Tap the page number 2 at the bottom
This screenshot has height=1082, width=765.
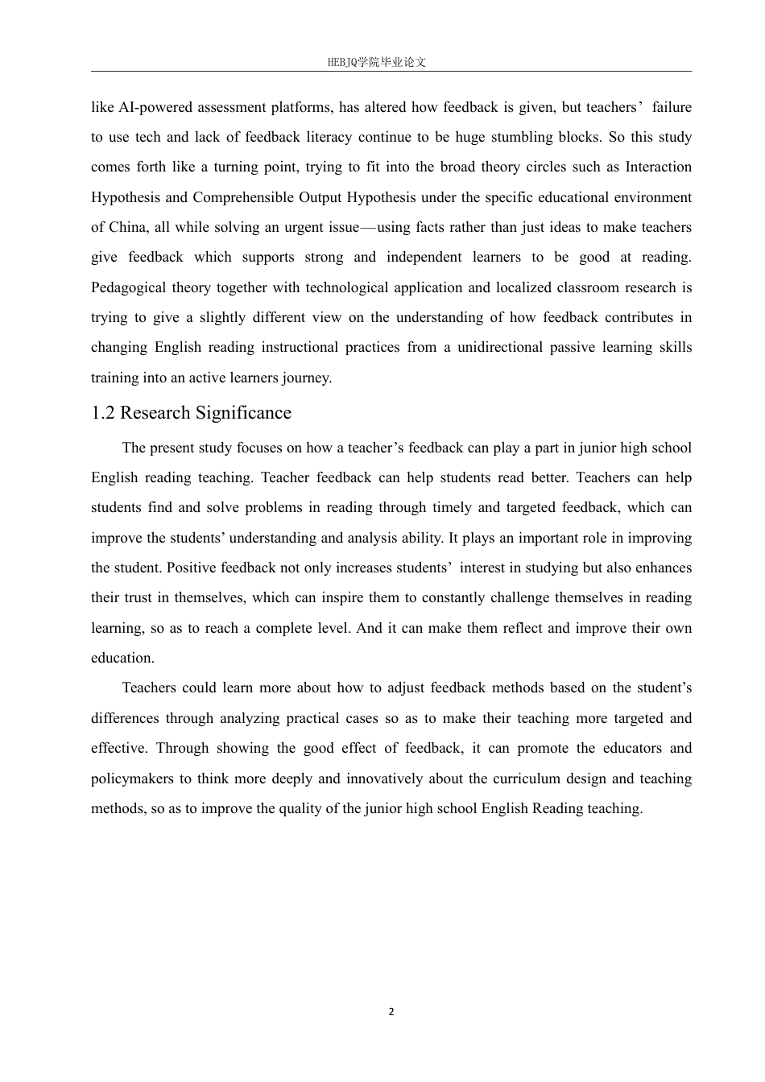pyautogui.click(x=391, y=1012)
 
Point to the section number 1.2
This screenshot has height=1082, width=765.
pyautogui.click(x=103, y=413)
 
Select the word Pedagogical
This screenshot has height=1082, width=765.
pyautogui.click(x=130, y=287)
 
